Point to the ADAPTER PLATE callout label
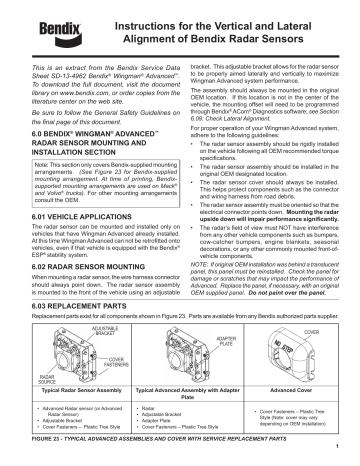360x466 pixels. (x=224, y=340)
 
